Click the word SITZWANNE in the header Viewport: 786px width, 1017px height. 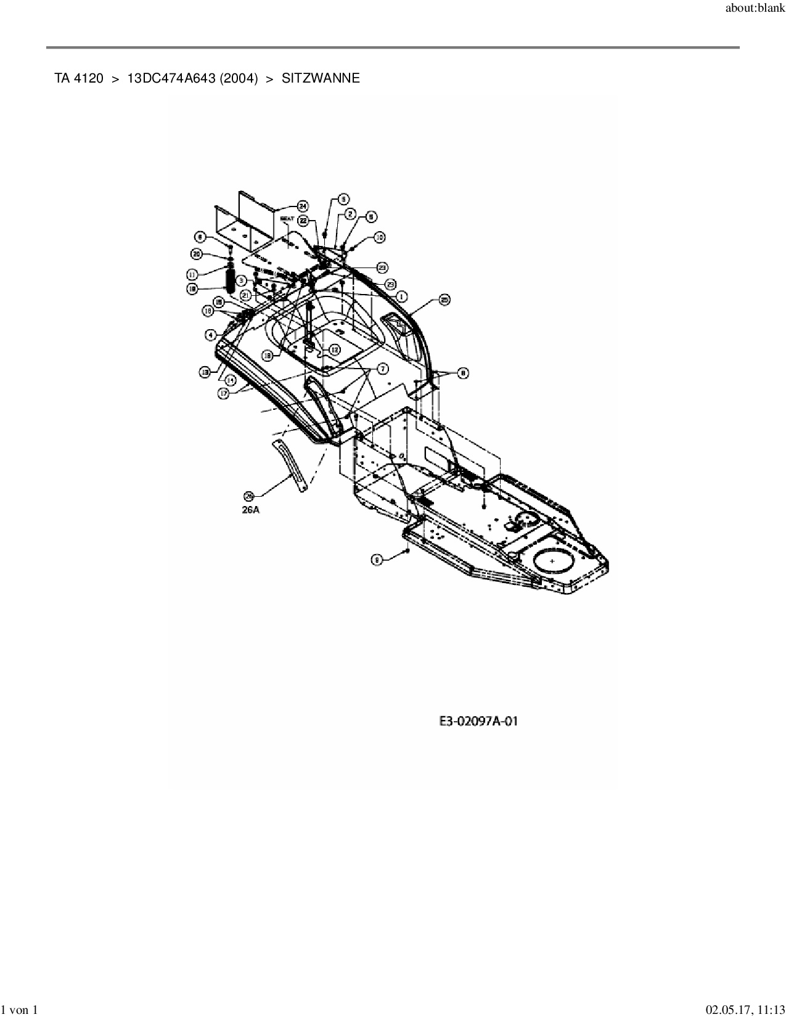click(321, 78)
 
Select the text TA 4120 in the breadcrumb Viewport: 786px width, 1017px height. click(79, 78)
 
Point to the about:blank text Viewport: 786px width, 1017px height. click(755, 8)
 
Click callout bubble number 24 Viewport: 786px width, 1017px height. click(303, 206)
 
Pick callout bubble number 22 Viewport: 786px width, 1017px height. click(303, 220)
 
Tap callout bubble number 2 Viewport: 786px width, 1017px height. click(350, 214)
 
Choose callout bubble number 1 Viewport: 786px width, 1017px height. click(401, 296)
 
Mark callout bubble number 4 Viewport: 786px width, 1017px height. click(211, 335)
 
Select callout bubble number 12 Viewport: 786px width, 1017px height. click(334, 349)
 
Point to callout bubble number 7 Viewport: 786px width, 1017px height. click(382, 368)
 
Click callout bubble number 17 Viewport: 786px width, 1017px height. click(224, 392)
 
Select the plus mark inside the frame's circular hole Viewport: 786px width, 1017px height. click(552, 561)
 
